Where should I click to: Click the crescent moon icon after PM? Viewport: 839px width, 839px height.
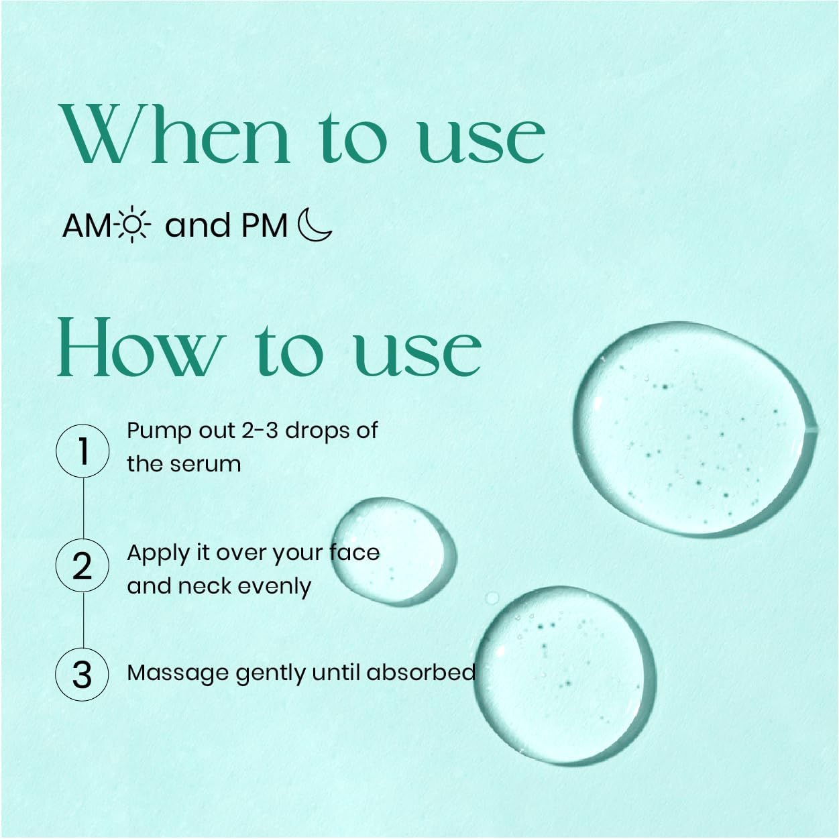click(x=314, y=225)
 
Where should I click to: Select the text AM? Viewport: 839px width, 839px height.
click(x=87, y=226)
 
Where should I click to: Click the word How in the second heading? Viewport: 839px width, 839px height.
click(x=138, y=347)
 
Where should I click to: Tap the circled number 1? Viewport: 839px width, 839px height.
click(x=82, y=451)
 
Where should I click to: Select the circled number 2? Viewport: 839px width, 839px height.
click(x=82, y=565)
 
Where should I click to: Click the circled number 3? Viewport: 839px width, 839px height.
click(x=82, y=675)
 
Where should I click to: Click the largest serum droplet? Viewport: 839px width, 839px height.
click(x=694, y=429)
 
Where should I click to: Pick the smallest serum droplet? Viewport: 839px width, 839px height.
click(x=394, y=552)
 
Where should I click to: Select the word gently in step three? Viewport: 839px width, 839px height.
click(x=271, y=674)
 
